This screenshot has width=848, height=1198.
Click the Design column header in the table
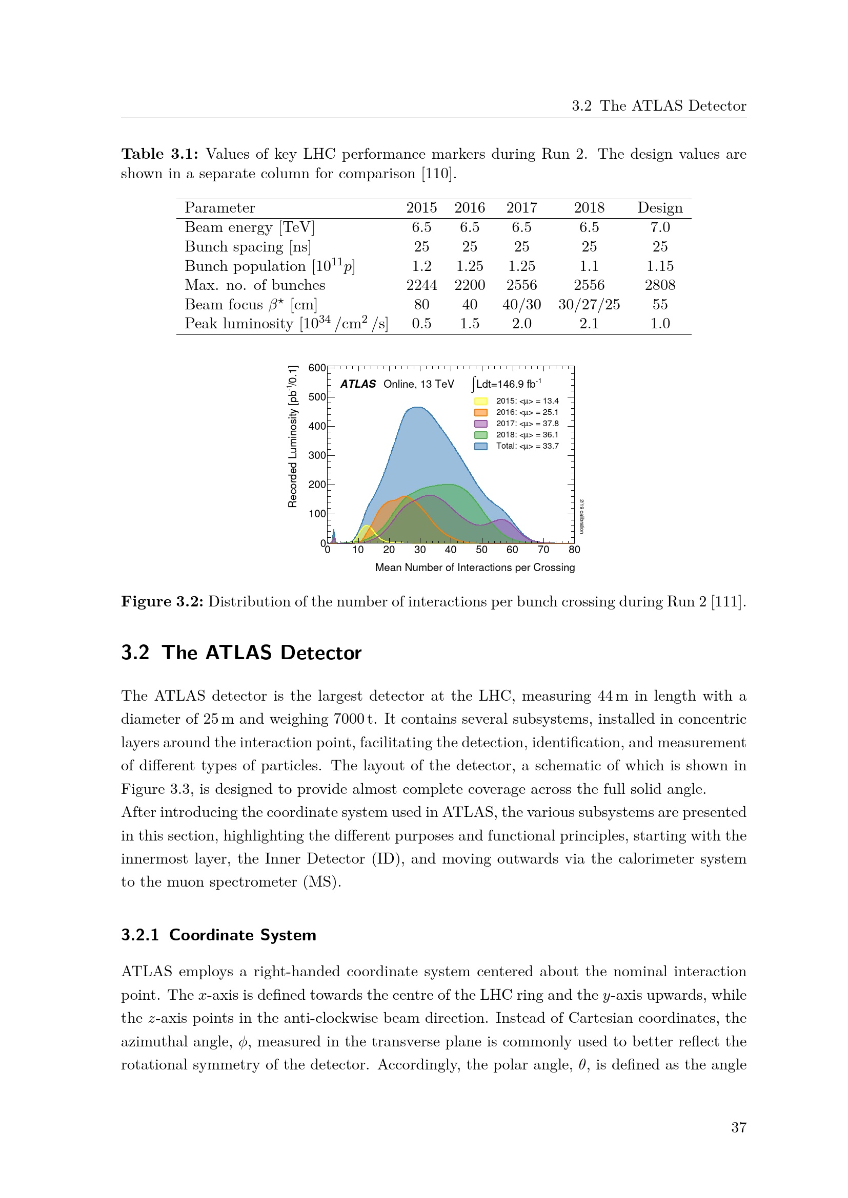[x=659, y=207]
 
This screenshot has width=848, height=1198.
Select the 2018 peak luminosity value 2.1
[x=589, y=324]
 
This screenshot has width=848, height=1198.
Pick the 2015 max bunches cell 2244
[x=421, y=285]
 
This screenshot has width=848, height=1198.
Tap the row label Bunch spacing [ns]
[x=248, y=246]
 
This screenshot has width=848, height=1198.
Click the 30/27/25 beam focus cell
[x=589, y=304]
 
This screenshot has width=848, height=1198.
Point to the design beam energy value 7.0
[x=659, y=227]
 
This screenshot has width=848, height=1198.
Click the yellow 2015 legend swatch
[x=480, y=401]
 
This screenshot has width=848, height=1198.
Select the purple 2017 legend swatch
[x=480, y=424]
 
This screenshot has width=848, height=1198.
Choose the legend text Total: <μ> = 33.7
[x=527, y=446]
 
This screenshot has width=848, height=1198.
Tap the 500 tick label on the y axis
[x=317, y=396]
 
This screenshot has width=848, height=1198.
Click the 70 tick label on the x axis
[x=543, y=550]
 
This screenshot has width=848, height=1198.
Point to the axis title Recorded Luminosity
[x=293, y=436]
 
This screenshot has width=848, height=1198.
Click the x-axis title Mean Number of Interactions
[x=475, y=567]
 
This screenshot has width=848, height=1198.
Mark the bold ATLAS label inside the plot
[x=358, y=384]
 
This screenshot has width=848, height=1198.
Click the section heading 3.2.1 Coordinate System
[x=218, y=935]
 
